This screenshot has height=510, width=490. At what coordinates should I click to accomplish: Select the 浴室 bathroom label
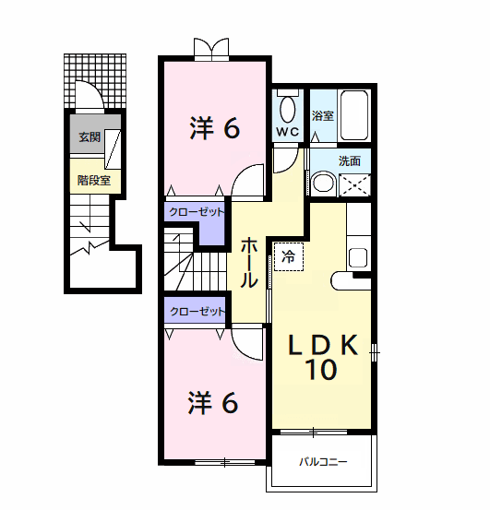[x=322, y=117]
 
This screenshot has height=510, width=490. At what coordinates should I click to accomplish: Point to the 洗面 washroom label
[x=350, y=160]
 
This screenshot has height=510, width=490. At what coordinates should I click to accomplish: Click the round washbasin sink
[x=321, y=183]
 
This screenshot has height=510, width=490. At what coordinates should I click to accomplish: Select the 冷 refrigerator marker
[x=288, y=256]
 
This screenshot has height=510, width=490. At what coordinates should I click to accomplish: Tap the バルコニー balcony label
[x=323, y=462]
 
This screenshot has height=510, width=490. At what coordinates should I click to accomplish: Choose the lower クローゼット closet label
[x=196, y=312]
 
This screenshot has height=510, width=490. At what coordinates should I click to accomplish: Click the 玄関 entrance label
[x=89, y=137]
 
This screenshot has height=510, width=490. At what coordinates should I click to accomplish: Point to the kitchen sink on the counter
[x=358, y=257]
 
